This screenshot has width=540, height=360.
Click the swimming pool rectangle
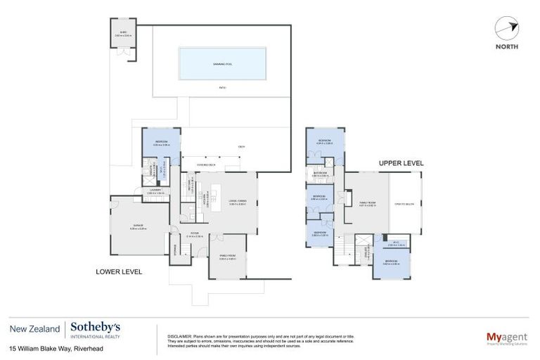click(222, 63)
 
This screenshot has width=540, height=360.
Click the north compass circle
click(506, 29)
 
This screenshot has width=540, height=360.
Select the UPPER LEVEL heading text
click(401, 162)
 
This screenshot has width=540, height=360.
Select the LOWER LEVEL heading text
click(119, 271)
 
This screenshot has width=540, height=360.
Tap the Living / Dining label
click(237, 202)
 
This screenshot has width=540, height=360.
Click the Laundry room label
click(155, 191)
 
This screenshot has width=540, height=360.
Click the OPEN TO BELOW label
click(405, 204)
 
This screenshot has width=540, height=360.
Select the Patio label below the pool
click(222, 88)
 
